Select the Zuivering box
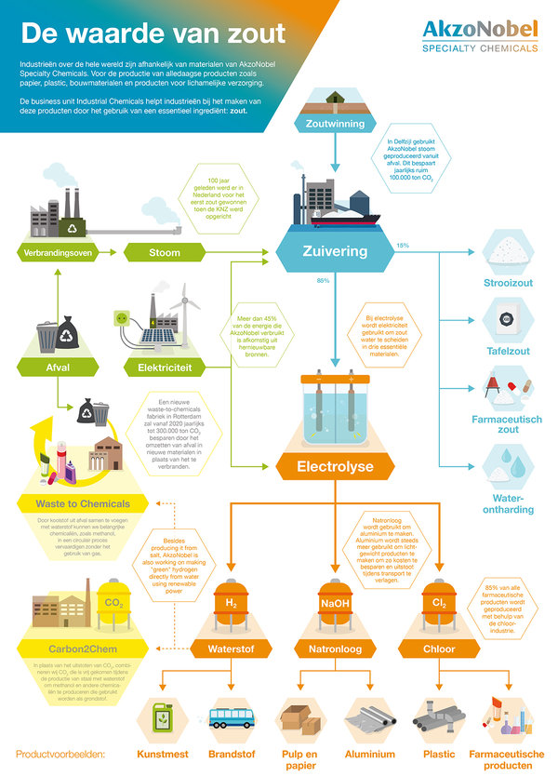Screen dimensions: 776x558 point(335,251)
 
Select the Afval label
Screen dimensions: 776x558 point(59,368)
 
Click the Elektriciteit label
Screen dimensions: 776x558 point(165,368)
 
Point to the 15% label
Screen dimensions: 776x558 point(403,245)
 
